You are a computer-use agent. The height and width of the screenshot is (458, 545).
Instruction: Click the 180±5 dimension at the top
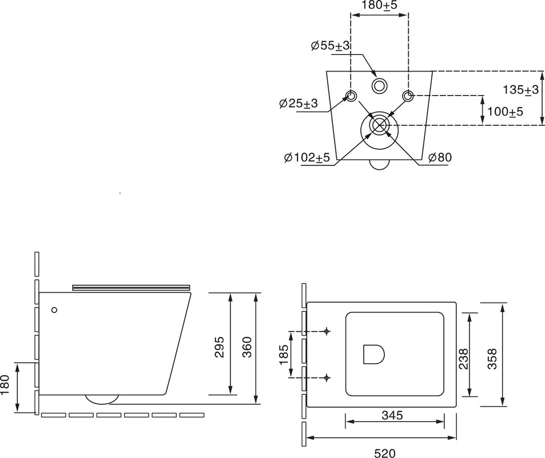pos(379,5)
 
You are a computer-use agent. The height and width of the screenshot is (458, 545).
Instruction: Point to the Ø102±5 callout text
pos(307,157)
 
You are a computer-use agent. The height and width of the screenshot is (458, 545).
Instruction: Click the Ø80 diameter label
pos(440,157)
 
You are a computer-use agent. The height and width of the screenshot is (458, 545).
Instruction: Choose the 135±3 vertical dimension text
pos(520,90)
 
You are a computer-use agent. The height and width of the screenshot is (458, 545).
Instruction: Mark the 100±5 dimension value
pos(505,112)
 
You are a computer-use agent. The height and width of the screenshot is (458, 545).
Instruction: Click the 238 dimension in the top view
pos(463,359)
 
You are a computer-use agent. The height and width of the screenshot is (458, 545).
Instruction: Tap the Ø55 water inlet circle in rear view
pos(379,86)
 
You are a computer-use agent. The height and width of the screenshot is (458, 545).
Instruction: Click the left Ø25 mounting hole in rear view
pos(351,95)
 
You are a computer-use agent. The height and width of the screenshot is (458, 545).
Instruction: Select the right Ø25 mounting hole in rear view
pos(407,95)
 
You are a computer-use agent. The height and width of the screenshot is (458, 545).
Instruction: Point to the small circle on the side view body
pos(54,310)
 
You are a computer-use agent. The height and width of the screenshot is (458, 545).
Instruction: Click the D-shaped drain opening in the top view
pos(373,354)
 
